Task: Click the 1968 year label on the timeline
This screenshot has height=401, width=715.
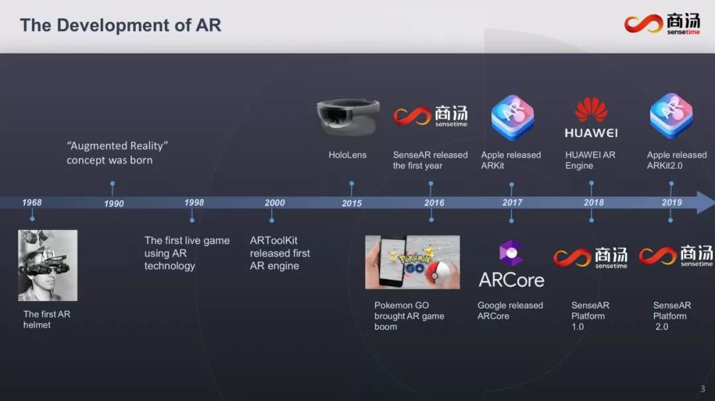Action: tap(32, 202)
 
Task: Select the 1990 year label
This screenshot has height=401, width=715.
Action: tap(114, 203)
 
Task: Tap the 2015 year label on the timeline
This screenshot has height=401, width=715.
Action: tap(352, 203)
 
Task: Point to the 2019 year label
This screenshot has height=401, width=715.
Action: tap(671, 202)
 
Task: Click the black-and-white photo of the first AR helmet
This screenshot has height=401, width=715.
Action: tap(48, 265)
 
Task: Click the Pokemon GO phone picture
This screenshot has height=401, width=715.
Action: tap(412, 262)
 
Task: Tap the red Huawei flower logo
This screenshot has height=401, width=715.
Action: tap(591, 110)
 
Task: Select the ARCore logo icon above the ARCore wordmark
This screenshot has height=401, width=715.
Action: tap(511, 253)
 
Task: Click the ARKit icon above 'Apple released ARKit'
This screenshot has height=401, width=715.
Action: tap(512, 117)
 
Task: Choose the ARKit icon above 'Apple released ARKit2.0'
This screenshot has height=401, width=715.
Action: tap(671, 117)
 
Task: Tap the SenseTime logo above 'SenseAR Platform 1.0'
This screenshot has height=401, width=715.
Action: tap(590, 257)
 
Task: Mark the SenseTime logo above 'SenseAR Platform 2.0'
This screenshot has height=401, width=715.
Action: tap(675, 256)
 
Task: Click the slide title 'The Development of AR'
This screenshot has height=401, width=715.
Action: tap(120, 25)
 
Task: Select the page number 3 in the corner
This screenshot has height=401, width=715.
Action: tap(702, 389)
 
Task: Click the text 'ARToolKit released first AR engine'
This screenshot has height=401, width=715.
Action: tap(279, 253)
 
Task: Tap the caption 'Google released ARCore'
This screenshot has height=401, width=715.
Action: tap(510, 311)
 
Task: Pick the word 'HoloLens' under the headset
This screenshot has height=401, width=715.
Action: tap(348, 155)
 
